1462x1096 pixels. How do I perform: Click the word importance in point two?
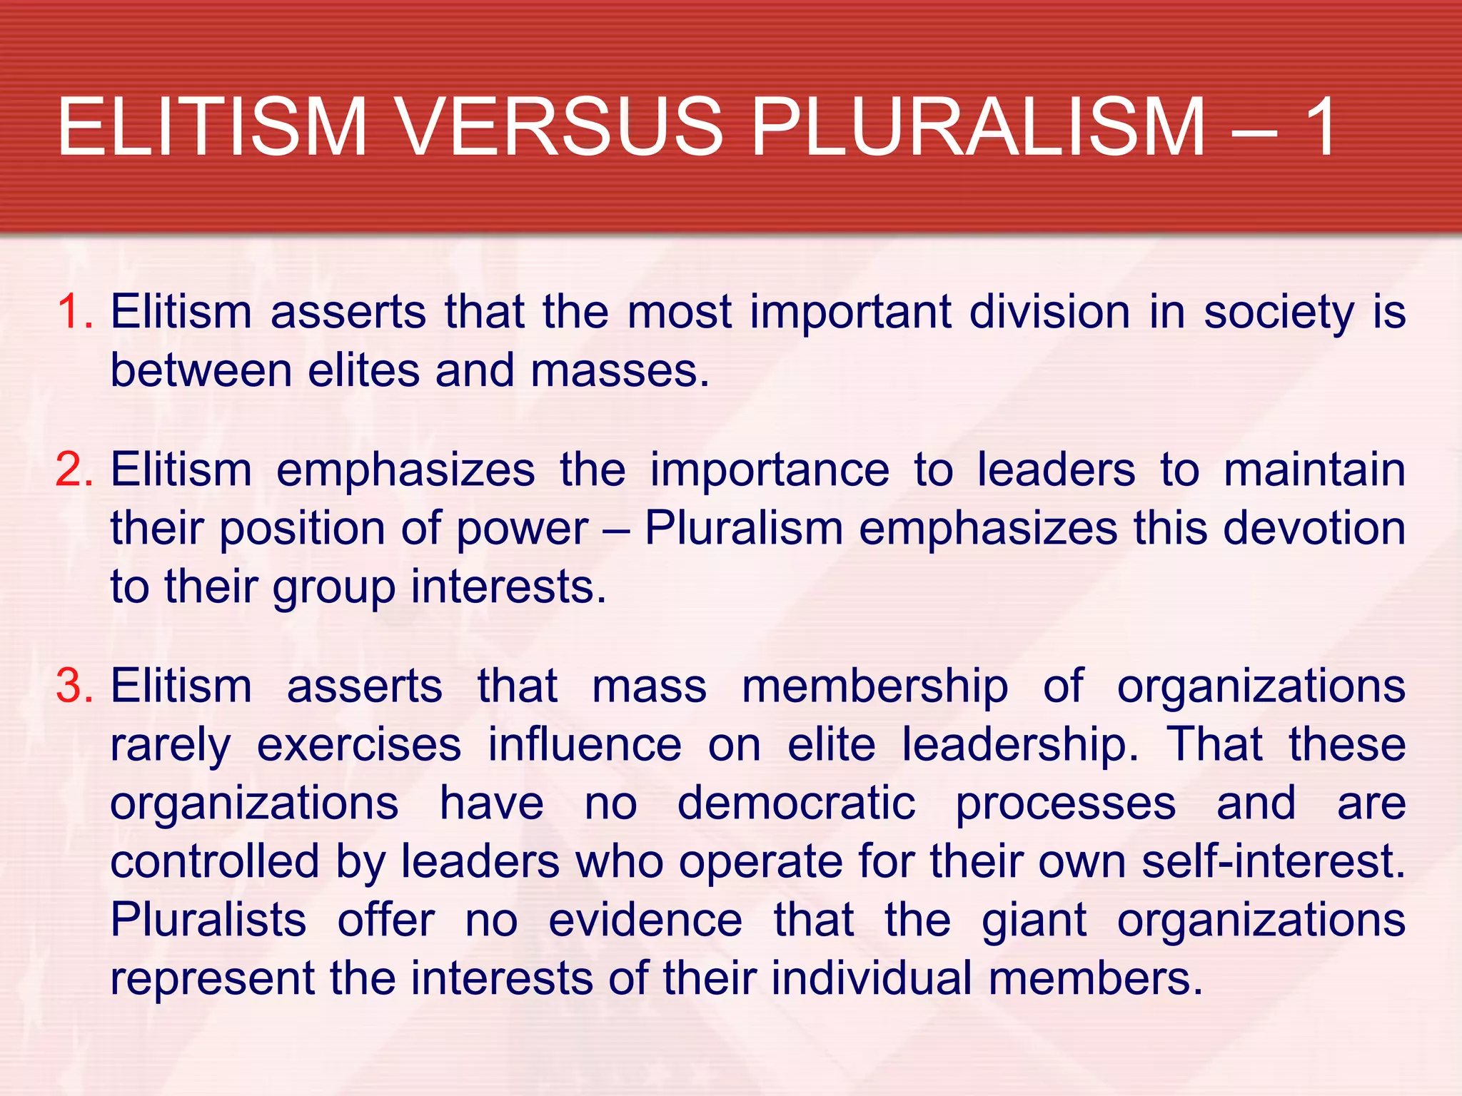(770, 470)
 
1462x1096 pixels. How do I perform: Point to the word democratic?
(796, 803)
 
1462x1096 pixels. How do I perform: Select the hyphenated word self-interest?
(1272, 861)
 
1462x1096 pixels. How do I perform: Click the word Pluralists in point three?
(208, 920)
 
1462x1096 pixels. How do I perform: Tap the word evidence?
(645, 920)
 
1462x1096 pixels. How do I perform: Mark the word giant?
(1034, 921)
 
